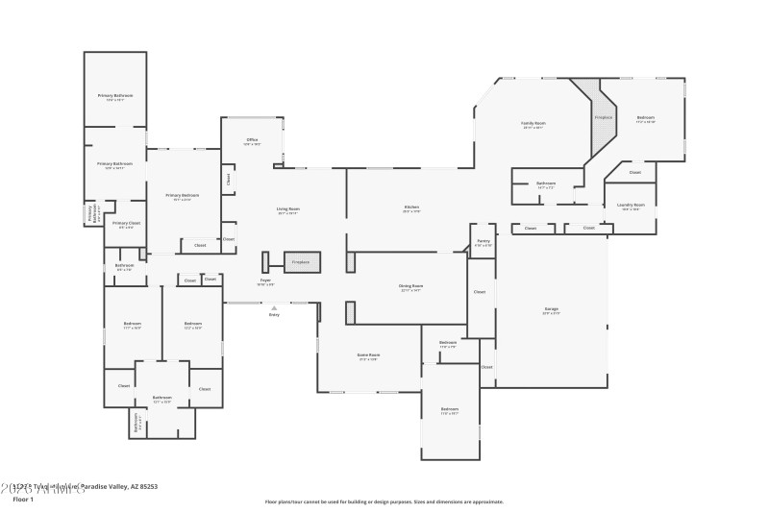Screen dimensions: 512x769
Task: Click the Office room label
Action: click(x=252, y=140)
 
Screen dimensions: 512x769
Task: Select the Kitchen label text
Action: click(x=411, y=208)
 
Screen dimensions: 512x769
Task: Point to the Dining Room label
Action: click(x=411, y=286)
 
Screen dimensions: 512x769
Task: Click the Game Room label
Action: click(x=368, y=354)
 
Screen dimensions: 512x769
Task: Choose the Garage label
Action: click(x=551, y=309)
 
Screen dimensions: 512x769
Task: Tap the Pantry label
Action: click(x=483, y=242)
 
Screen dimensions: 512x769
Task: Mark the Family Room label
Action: click(x=533, y=124)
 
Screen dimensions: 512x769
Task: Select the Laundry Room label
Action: click(x=631, y=205)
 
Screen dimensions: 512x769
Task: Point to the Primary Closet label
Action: click(x=126, y=223)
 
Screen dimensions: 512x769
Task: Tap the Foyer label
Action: click(x=264, y=280)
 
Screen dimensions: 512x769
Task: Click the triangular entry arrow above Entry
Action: click(x=274, y=307)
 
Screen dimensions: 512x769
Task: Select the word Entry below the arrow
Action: click(x=274, y=315)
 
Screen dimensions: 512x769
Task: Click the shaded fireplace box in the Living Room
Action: click(x=301, y=261)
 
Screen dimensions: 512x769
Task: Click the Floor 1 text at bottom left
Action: click(x=23, y=500)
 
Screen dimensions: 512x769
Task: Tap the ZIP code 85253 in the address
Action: click(x=147, y=487)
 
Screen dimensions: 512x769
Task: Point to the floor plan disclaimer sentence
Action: click(x=384, y=501)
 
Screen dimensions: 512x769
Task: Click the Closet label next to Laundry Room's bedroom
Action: click(x=635, y=173)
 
